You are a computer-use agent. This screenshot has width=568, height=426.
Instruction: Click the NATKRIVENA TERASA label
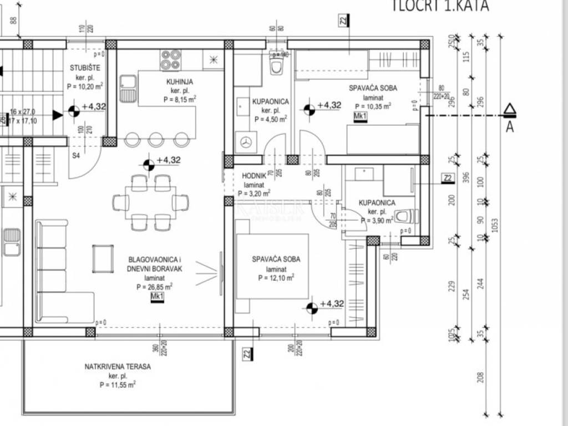(x=118, y=367)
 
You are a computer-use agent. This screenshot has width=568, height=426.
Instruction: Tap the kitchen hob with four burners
(x=171, y=60)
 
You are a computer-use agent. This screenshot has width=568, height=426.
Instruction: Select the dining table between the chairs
(x=151, y=202)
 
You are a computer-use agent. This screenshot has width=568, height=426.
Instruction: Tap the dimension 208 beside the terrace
(x=480, y=377)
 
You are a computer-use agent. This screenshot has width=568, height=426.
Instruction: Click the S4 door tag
(x=76, y=155)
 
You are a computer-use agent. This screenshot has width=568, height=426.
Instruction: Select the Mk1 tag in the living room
(x=158, y=297)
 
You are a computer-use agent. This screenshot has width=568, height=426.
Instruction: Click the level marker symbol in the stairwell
(x=73, y=111)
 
